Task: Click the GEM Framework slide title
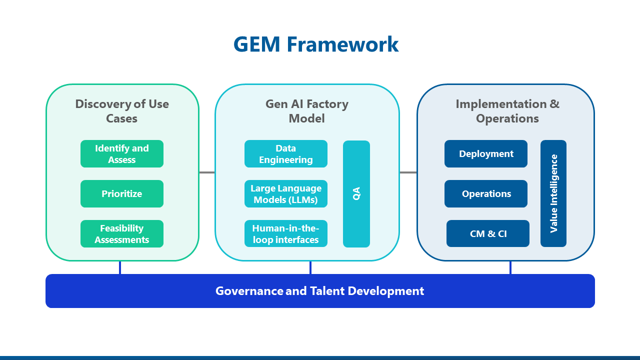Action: (x=316, y=44)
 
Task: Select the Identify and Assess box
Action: (x=122, y=154)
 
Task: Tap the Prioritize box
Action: (x=122, y=194)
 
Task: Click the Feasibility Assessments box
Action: (x=122, y=234)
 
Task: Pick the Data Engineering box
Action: (x=286, y=154)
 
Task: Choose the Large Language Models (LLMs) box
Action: (x=286, y=194)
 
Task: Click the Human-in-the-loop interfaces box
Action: (x=286, y=234)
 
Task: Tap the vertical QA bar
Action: (x=356, y=194)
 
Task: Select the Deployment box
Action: (x=486, y=154)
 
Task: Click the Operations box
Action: (x=486, y=194)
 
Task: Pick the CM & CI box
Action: (x=488, y=233)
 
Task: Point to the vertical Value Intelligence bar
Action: (x=553, y=193)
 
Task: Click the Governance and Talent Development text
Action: (x=320, y=291)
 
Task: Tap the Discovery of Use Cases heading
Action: (x=122, y=111)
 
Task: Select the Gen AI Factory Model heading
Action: (x=307, y=111)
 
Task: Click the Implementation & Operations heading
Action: (x=507, y=111)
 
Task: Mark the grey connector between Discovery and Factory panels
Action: (x=207, y=172)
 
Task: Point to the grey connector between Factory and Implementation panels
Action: (x=408, y=172)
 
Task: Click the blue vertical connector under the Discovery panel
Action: (x=120, y=267)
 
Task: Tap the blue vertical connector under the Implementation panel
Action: (x=510, y=267)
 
